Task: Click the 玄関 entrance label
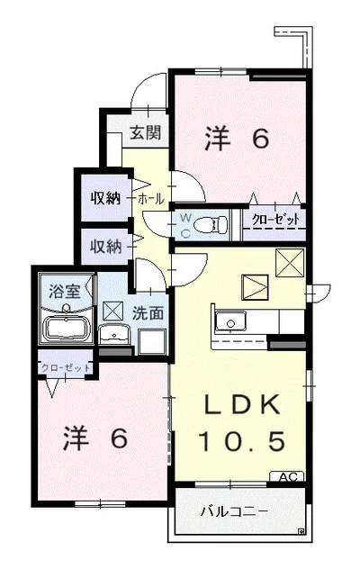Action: pyautogui.click(x=146, y=132)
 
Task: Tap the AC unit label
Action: pyautogui.click(x=288, y=476)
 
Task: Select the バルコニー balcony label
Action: pyautogui.click(x=234, y=511)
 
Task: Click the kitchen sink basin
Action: pyautogui.click(x=230, y=321)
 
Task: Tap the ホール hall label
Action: pyautogui.click(x=150, y=199)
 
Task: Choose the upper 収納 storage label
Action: pyautogui.click(x=106, y=198)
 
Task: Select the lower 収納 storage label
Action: pyautogui.click(x=106, y=247)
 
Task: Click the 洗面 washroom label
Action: pyautogui.click(x=148, y=313)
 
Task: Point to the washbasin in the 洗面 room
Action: pyautogui.click(x=114, y=335)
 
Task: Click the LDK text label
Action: pyautogui.click(x=242, y=405)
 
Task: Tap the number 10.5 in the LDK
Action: pyautogui.click(x=242, y=441)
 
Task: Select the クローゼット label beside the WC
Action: pyautogui.click(x=275, y=220)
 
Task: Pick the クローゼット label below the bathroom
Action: pyautogui.click(x=66, y=367)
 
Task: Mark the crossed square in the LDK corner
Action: pyautogui.click(x=290, y=263)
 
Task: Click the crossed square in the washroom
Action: pyautogui.click(x=112, y=311)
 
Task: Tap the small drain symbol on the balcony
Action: pyautogui.click(x=301, y=531)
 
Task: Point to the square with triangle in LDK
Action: pyautogui.click(x=255, y=287)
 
